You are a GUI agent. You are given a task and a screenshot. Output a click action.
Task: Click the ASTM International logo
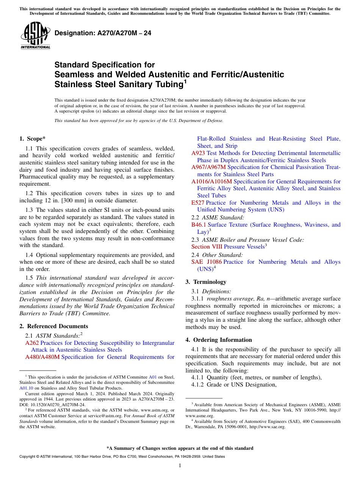35,36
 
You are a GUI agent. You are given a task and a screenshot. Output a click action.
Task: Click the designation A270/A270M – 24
103,33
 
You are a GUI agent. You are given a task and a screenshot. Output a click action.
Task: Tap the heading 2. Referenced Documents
54,326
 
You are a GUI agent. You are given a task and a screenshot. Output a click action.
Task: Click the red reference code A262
32,343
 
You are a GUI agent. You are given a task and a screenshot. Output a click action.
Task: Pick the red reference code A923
198,153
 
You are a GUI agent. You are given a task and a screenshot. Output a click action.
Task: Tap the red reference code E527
197,203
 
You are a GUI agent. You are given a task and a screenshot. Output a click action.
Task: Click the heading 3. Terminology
206,282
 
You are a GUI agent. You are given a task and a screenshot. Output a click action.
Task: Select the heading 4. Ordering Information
219,340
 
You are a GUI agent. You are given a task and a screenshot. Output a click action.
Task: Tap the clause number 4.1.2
198,385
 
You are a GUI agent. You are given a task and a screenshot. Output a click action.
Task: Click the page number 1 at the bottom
180,466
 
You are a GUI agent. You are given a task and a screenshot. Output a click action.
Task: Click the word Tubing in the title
163,84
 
